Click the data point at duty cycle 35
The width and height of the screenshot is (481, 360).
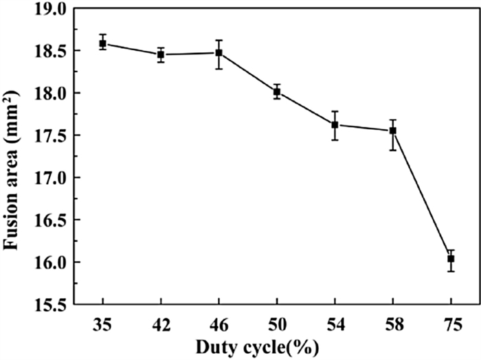coord(102,43)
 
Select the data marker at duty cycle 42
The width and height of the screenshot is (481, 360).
coord(161,54)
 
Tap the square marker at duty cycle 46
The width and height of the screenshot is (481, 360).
coord(219,52)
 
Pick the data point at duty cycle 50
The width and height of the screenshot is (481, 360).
coord(277,91)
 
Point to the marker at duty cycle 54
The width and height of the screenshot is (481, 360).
coord(335,124)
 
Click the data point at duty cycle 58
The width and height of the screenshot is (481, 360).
coord(393,131)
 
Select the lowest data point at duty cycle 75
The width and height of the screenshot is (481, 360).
coord(451,259)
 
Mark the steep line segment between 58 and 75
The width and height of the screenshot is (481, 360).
coord(422,194)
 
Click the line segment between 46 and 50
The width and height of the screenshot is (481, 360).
coord(247,71)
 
